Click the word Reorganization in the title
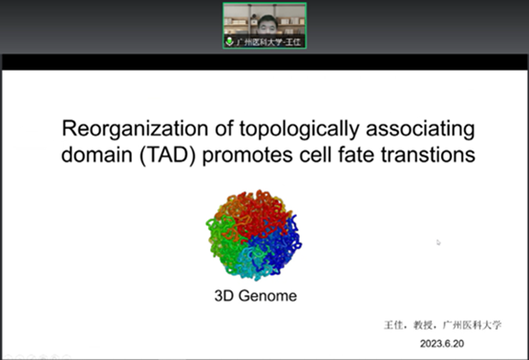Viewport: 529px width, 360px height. click(x=136, y=129)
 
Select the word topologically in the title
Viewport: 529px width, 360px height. click(x=299, y=129)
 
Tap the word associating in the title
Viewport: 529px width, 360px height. click(x=421, y=129)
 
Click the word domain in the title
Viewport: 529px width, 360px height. click(x=97, y=155)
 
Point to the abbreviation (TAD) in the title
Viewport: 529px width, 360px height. click(x=168, y=156)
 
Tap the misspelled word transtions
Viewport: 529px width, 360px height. click(x=428, y=155)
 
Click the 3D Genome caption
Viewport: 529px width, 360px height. click(x=256, y=296)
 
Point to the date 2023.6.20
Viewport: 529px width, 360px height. click(x=442, y=344)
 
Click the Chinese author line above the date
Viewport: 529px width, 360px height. click(x=443, y=325)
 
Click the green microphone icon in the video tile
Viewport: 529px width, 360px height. click(x=229, y=42)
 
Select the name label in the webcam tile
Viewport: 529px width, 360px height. click(x=269, y=42)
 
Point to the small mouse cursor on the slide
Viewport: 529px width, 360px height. click(x=438, y=243)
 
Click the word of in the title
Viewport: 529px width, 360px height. click(x=224, y=129)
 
